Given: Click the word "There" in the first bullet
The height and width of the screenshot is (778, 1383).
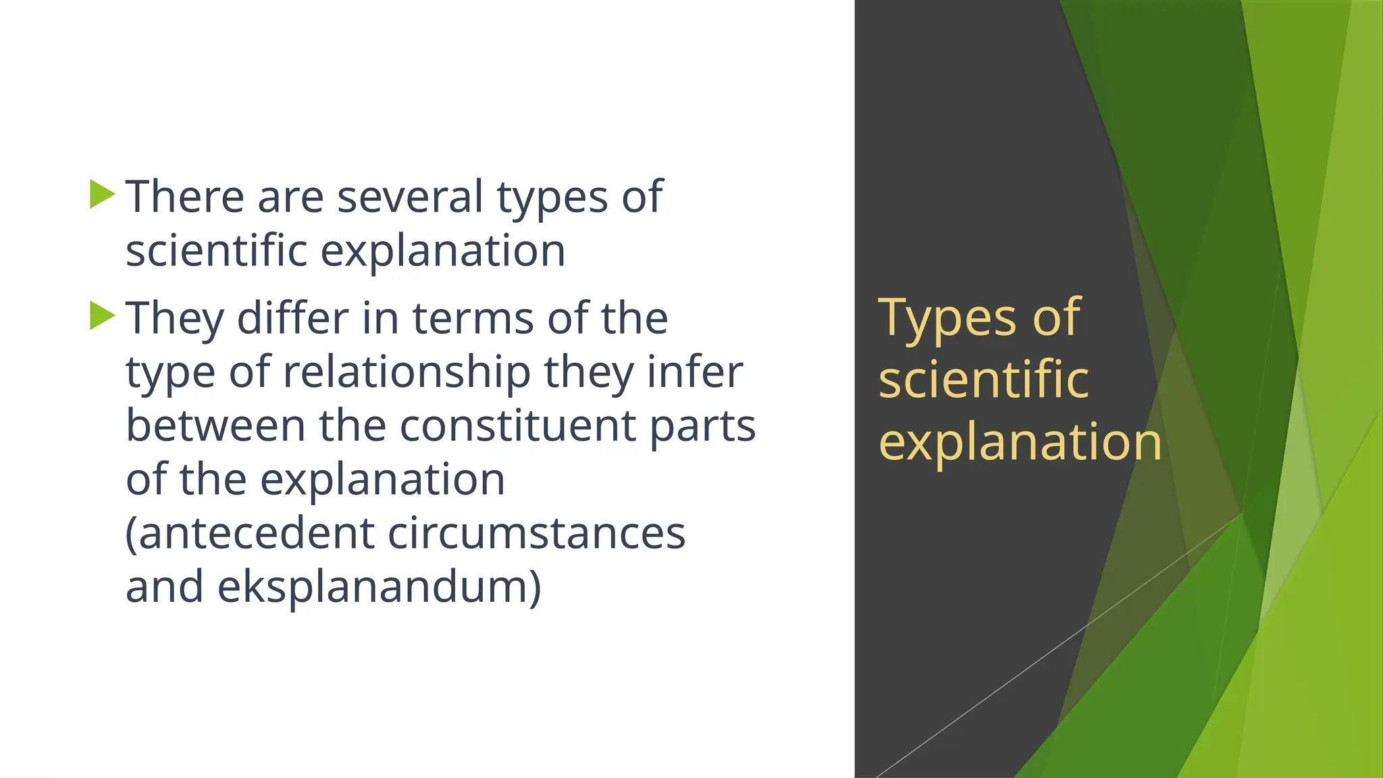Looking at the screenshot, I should [x=184, y=197].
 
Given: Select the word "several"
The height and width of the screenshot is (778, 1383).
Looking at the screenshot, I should [x=410, y=197].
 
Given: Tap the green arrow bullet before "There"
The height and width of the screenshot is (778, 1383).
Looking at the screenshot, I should [x=102, y=194].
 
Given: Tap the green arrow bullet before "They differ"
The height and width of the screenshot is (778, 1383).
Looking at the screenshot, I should [x=102, y=315].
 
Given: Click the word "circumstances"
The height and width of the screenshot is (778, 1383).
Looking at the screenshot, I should [x=536, y=533].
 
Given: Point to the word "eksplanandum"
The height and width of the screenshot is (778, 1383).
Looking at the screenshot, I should [x=379, y=587].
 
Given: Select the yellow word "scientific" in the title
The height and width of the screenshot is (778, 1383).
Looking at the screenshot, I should [x=983, y=380].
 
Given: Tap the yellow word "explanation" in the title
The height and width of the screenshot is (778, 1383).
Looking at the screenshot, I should [x=1020, y=443].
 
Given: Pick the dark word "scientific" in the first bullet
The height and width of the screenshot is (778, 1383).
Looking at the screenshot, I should [x=216, y=251].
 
